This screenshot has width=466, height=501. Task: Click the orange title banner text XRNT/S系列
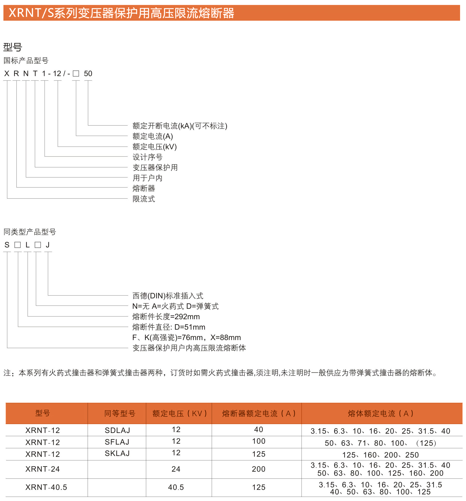(x=121, y=13)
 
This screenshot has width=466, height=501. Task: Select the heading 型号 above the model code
(x=13, y=47)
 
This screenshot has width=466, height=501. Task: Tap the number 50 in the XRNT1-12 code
(x=88, y=73)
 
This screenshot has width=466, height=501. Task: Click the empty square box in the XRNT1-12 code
(x=76, y=73)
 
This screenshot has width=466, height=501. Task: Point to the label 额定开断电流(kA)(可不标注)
(x=180, y=126)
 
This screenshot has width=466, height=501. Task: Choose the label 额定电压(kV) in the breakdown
(x=155, y=147)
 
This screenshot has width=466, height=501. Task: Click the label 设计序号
(x=148, y=157)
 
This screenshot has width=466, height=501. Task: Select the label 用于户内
(x=148, y=178)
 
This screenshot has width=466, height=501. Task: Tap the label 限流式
(x=144, y=199)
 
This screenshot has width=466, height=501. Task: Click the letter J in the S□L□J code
(x=48, y=245)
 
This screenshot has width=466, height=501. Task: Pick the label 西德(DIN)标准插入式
(x=168, y=296)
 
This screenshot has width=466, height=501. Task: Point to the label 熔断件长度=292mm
(x=166, y=317)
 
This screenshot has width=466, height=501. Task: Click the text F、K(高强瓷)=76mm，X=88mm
(x=187, y=338)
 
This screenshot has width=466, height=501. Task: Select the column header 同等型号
(x=120, y=414)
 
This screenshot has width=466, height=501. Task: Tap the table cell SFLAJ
(x=117, y=442)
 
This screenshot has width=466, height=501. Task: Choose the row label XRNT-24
(x=43, y=469)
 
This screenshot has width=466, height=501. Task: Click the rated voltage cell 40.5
(x=176, y=487)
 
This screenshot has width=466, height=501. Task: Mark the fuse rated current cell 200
(x=258, y=469)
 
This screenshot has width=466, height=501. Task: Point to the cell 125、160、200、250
(x=380, y=455)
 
